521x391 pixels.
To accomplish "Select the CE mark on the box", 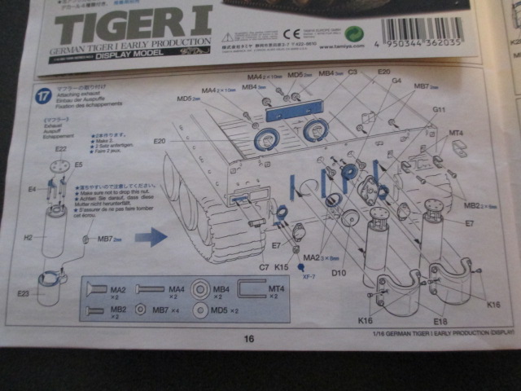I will point(294,35).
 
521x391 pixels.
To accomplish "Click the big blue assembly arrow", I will point(151,238).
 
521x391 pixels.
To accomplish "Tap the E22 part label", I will point(61,150).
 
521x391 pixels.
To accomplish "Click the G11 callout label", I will point(439,109).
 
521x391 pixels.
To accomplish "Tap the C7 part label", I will point(265,266).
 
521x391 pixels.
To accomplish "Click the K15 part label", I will point(282,266).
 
